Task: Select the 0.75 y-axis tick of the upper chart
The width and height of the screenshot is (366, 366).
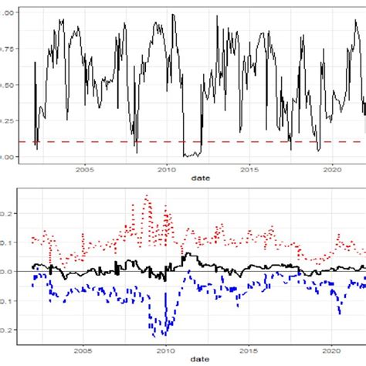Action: click(x=8, y=49)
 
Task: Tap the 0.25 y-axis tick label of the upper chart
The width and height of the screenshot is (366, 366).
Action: click(x=8, y=120)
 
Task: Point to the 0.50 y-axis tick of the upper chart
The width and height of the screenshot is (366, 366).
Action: click(x=8, y=85)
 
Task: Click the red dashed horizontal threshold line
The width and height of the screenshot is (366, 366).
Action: click(x=232, y=142)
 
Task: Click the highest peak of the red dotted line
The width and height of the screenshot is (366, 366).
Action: click(x=147, y=196)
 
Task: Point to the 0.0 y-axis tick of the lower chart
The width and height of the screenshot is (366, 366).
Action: click(x=8, y=271)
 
